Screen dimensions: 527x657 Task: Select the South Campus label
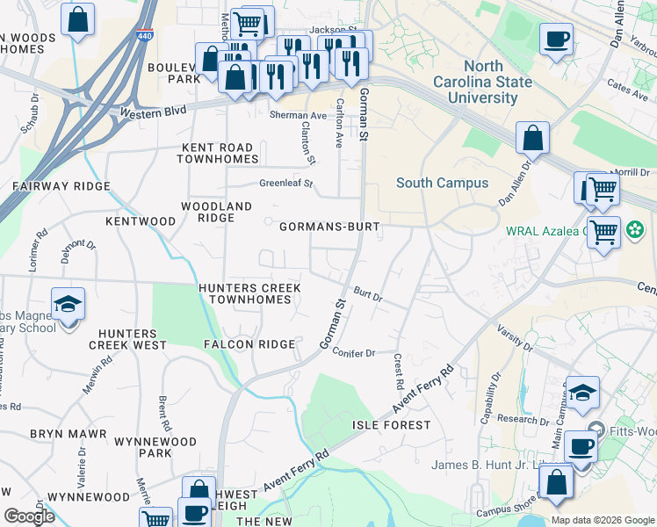coord(442,183)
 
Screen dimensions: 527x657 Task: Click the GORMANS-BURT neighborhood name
coord(329,227)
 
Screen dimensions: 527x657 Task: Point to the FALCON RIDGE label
coord(249,344)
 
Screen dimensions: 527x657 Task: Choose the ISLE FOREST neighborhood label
coord(392,425)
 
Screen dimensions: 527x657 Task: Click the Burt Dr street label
coord(368,293)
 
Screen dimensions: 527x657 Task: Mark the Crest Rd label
coord(397,372)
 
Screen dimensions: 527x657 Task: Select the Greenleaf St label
coord(286,184)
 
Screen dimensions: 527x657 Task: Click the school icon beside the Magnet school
coord(68,304)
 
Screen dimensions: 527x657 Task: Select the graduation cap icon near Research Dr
coord(582,393)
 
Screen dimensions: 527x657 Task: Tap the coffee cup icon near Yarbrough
coord(557,40)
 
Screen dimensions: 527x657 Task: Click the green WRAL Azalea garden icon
coord(634,232)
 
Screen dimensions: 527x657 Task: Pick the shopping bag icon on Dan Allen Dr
coord(532,138)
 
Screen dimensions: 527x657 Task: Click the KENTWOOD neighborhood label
coord(141,221)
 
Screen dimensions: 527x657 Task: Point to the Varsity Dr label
coord(516,337)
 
